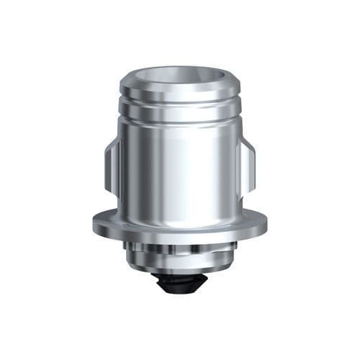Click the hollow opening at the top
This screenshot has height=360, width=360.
tap(179, 76)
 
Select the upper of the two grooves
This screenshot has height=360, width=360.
tap(179, 105)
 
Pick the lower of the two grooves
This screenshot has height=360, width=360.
tap(179, 122)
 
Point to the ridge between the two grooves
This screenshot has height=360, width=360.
tap(179, 114)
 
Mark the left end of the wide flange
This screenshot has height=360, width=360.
tap(96, 223)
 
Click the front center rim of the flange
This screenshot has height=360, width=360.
tap(179, 234)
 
